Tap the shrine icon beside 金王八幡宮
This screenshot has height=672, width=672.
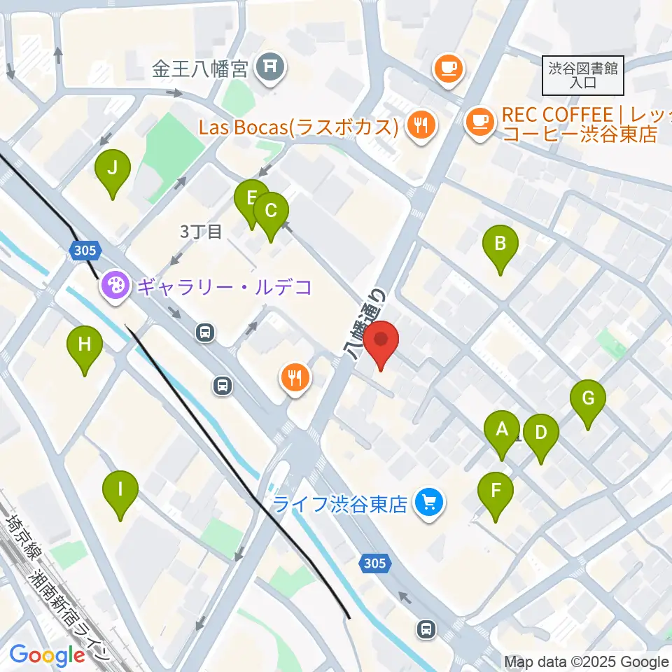268,67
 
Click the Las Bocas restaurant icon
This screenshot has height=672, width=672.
421,126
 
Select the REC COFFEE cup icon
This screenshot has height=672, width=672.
480,122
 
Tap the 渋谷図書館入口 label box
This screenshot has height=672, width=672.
582,75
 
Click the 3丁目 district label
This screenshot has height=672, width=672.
201,231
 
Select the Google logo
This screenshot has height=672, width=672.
47,654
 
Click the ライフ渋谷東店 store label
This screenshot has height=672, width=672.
340,503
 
